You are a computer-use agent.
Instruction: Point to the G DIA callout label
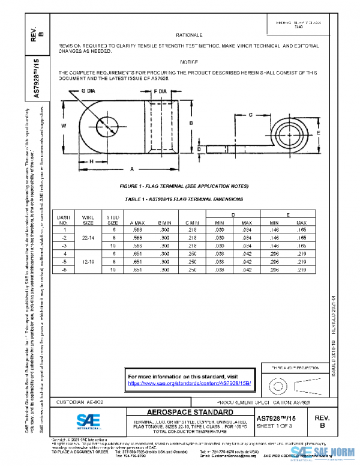(x=88, y=91)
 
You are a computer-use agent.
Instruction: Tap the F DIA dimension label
(x=160, y=91)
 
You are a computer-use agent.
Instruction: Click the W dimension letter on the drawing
(x=64, y=126)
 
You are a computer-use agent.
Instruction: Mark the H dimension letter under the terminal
(x=91, y=162)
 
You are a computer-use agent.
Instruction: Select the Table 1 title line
(x=184, y=198)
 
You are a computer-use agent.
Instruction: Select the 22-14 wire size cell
(x=88, y=238)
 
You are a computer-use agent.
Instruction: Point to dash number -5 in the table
(x=64, y=262)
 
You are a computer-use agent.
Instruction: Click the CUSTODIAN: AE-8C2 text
(x=79, y=401)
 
